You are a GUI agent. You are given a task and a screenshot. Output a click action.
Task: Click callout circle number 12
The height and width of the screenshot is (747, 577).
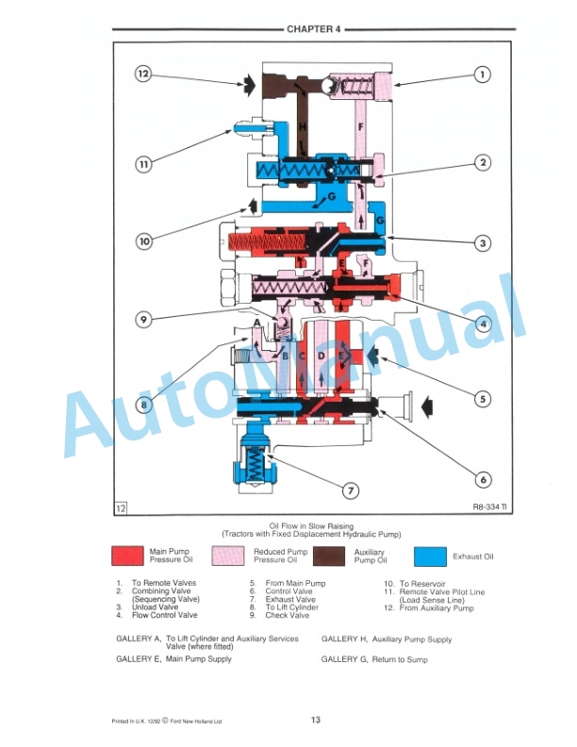tap(142, 74)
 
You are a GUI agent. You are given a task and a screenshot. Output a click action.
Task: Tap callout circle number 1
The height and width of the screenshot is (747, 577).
tap(482, 74)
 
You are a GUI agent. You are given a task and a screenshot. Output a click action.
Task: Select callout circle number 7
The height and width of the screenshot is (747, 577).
tap(350, 490)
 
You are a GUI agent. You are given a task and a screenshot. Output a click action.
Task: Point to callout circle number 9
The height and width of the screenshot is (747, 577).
tap(143, 319)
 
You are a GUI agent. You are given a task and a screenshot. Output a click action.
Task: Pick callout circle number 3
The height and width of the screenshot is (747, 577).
tap(482, 243)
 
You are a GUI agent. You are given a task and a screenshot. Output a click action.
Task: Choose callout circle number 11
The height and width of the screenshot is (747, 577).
tap(142, 164)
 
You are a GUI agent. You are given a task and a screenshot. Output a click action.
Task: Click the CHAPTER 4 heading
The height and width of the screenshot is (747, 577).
tap(310, 29)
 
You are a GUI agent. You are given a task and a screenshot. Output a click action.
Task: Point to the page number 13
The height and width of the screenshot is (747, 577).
tap(315, 721)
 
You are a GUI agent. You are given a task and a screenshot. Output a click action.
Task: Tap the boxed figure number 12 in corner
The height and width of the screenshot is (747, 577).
tap(122, 507)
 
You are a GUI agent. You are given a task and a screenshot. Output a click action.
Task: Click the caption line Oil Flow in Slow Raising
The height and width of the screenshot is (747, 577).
tap(310, 524)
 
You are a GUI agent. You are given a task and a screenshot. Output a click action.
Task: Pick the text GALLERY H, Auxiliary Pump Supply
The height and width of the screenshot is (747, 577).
tap(386, 639)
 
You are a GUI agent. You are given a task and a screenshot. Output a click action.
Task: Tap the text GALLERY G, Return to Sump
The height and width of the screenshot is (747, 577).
tap(374, 659)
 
